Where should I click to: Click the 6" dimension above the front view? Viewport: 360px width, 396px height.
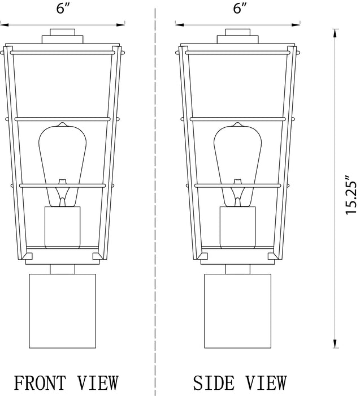[63, 8]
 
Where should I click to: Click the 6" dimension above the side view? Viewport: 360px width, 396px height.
[240, 8]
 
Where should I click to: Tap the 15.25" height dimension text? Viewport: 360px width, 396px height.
[350, 197]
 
